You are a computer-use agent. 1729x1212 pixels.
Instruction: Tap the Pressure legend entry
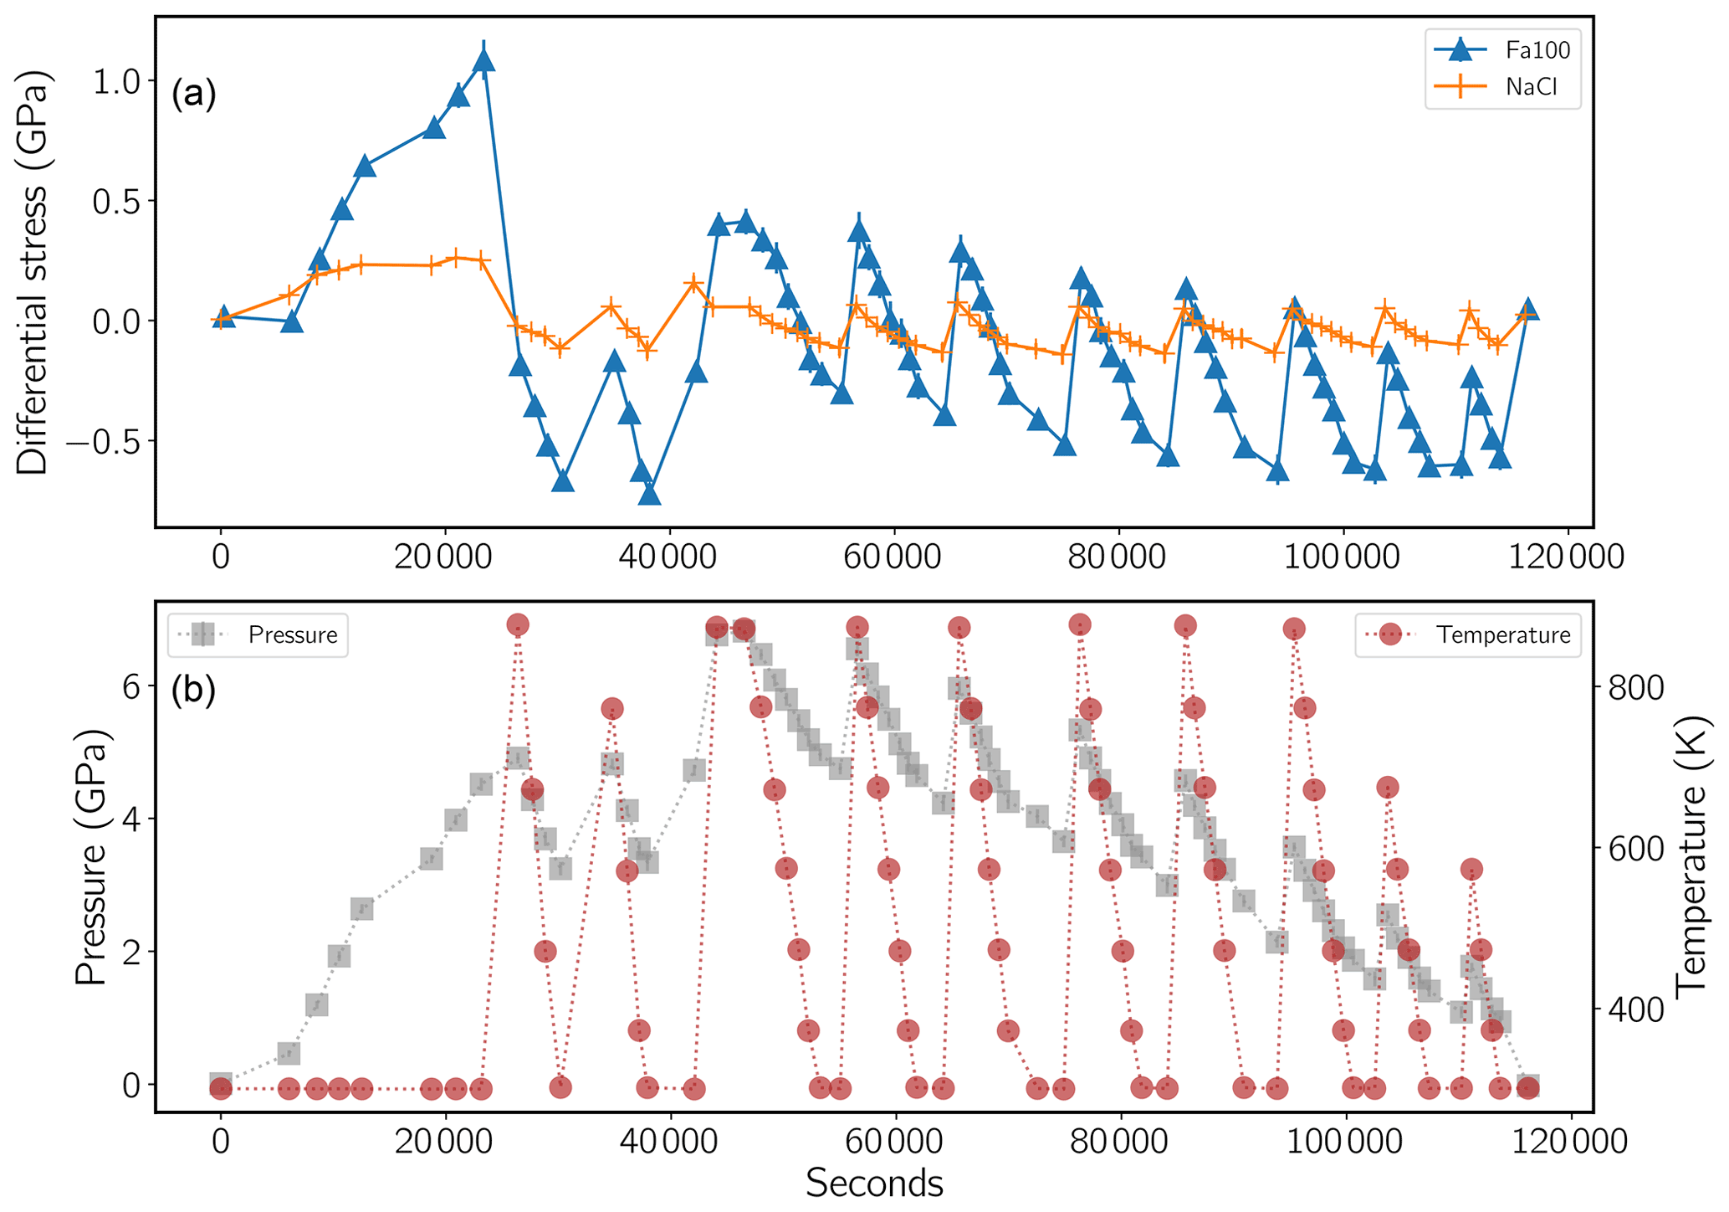[x=258, y=634]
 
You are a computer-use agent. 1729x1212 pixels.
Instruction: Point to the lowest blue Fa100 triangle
[x=650, y=495]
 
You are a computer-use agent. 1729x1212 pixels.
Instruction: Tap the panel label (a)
[x=193, y=94]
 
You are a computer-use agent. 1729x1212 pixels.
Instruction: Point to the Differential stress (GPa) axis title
[x=33, y=272]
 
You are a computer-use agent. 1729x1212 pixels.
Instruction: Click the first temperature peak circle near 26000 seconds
[x=518, y=624]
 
